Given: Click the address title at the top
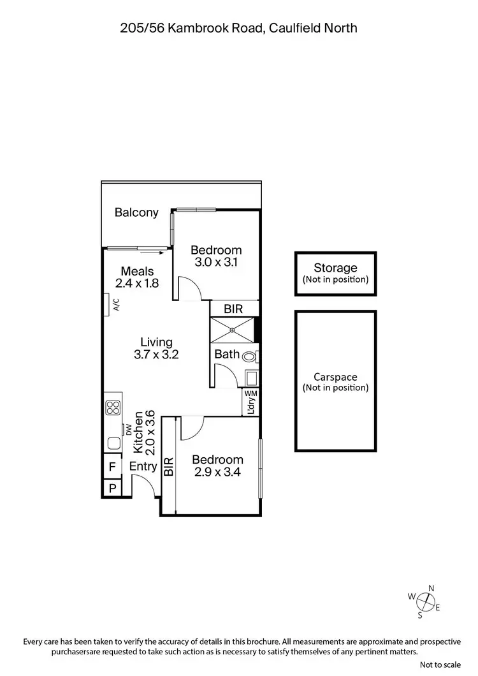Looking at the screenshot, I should [x=239, y=27].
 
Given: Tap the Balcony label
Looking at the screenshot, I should [x=136, y=212].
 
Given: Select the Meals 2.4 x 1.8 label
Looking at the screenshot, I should [x=137, y=277].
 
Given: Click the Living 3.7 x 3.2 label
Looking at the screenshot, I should [x=156, y=348].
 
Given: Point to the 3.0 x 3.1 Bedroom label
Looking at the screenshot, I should [x=216, y=256].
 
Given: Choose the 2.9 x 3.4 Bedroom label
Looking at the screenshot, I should [x=217, y=466].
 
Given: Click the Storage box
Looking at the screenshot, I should [x=335, y=274].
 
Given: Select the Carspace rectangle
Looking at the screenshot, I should [x=335, y=382].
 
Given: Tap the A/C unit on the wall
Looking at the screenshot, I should [x=108, y=304].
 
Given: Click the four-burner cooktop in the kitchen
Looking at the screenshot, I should [x=113, y=408].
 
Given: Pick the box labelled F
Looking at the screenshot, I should [x=112, y=467].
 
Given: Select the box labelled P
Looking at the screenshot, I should [x=112, y=489].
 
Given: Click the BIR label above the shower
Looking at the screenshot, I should [x=233, y=309].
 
